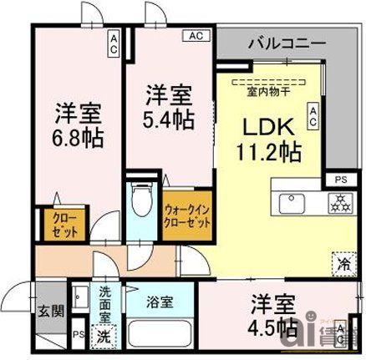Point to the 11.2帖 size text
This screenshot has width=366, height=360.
pos(267,152)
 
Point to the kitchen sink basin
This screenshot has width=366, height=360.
pos(292,203)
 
